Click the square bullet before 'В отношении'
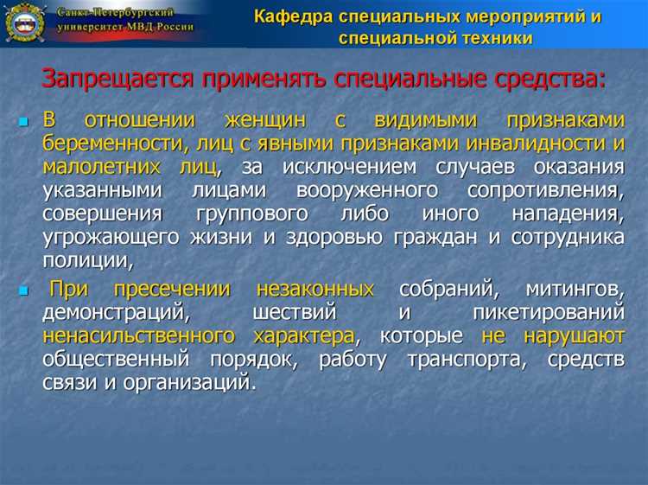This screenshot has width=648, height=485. tap(23, 123)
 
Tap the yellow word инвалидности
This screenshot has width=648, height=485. tap(533, 144)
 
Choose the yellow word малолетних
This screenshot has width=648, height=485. tap(99, 166)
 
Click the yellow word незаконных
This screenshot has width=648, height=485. tap(315, 290)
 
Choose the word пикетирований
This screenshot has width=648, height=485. tap(548, 312)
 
